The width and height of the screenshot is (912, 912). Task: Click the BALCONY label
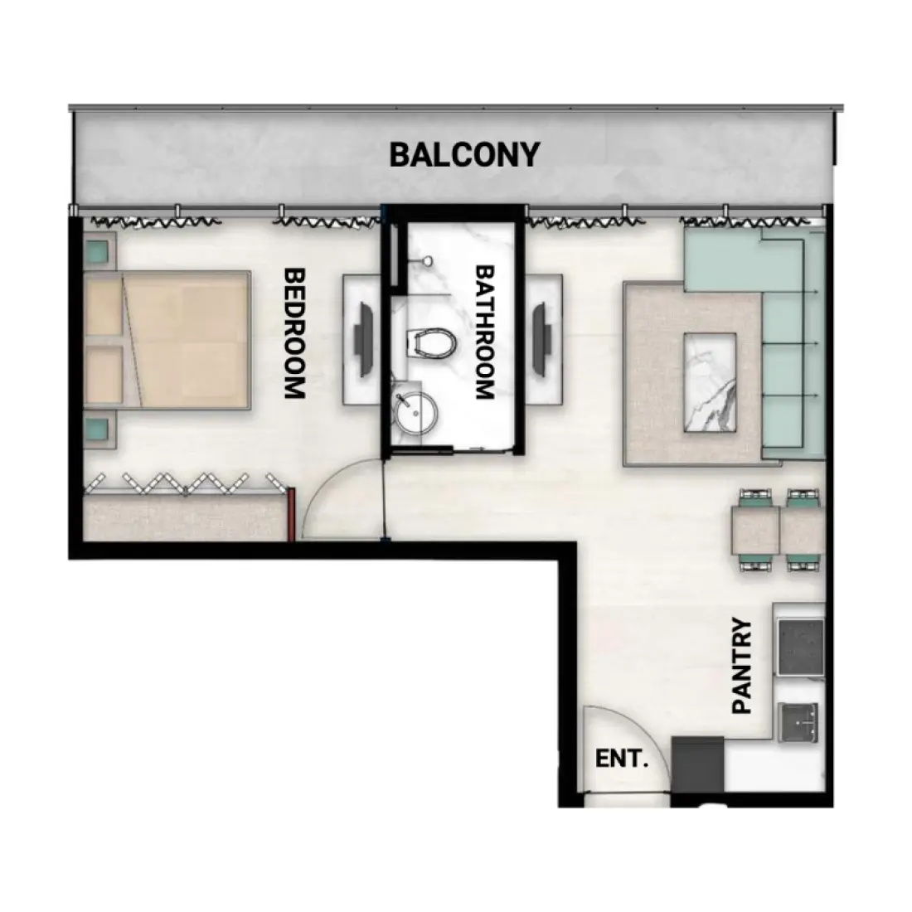point(464,154)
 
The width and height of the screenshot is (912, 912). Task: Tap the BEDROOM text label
point(293,333)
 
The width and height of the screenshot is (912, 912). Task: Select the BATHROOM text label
point(485,332)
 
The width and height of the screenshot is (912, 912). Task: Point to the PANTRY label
point(742,666)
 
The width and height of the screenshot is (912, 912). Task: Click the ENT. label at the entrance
point(621,759)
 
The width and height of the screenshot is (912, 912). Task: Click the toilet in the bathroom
point(431,342)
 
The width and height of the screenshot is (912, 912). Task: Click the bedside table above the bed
point(98,250)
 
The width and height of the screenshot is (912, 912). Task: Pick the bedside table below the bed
point(98,429)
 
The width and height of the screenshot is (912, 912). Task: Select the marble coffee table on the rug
point(710,382)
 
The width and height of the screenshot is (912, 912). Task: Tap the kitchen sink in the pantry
point(800,721)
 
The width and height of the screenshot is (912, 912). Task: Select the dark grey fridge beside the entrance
point(698,764)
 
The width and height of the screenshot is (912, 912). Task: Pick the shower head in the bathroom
point(426,260)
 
